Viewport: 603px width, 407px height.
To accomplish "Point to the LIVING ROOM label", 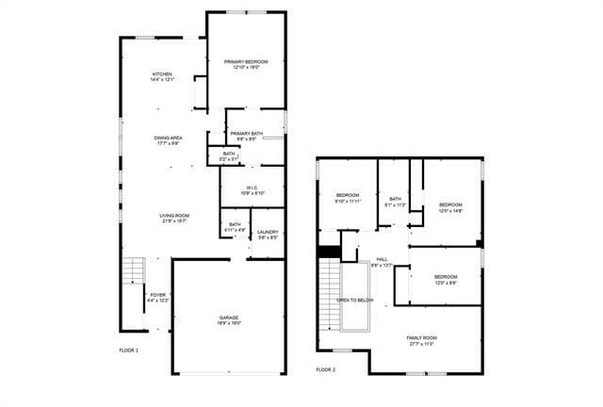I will (174, 218).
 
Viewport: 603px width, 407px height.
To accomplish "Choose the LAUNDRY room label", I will (268, 233).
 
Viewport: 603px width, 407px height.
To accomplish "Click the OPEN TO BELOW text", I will (355, 301).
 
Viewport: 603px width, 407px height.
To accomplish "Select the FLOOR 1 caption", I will (128, 350).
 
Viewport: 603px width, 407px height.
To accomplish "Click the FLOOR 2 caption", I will (325, 369).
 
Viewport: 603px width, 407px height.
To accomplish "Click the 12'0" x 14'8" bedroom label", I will (450, 207).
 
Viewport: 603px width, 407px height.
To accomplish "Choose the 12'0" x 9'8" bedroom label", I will (446, 279).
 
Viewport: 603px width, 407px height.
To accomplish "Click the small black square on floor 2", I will (328, 252).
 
